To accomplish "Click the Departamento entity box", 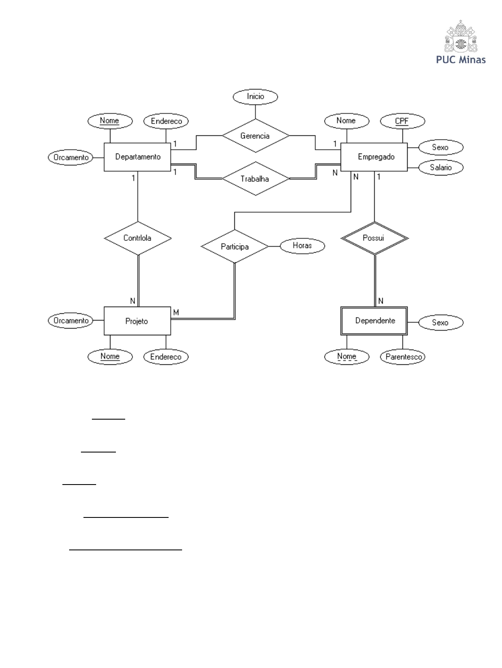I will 137,157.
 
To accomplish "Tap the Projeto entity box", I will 137,321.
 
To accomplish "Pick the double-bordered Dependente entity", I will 374,321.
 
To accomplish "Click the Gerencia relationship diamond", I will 255,136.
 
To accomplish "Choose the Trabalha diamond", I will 255,179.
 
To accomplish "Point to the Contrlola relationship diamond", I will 137,238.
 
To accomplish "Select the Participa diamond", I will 235,247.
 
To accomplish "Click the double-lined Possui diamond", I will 374,238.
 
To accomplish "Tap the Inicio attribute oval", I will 255,97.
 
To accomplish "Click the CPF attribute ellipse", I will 402,121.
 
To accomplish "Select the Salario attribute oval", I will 440,167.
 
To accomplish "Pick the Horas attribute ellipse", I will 302,245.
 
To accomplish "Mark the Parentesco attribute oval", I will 403,357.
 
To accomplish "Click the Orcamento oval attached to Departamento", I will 71,158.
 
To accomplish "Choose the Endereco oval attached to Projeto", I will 166,357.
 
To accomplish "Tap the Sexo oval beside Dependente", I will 440,323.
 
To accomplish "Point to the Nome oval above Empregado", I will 346,121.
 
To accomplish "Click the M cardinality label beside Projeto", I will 176,312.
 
